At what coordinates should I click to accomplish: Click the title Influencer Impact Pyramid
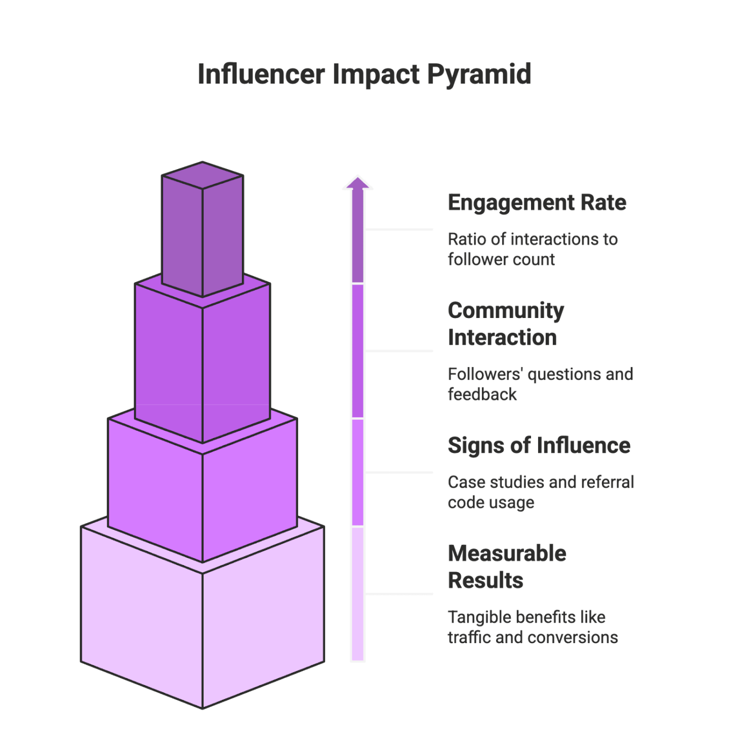364,74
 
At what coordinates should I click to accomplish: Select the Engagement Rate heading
537,203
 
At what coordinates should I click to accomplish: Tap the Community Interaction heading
506,324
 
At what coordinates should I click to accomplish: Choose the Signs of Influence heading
539,445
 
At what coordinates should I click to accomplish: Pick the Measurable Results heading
507,567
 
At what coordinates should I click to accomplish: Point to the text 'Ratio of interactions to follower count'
533,249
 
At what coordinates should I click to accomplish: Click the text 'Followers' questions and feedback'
540,384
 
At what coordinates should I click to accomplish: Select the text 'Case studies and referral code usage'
541,492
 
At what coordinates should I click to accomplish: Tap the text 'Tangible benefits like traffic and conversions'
533,627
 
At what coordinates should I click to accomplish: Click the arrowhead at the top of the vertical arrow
357,183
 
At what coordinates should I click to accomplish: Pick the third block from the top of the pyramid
202,496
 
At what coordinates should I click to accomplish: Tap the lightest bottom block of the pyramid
202,633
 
